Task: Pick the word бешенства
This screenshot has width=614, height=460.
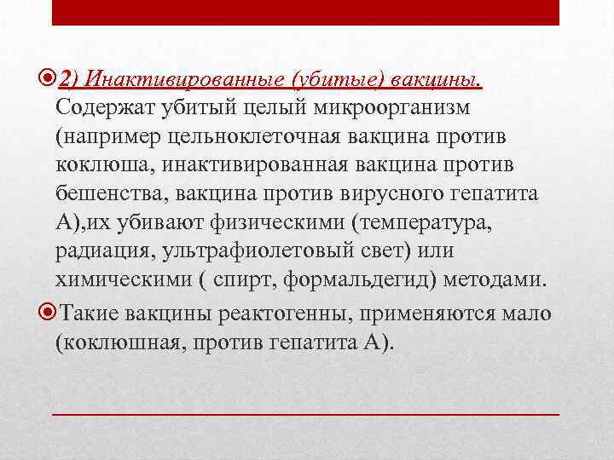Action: [108, 193]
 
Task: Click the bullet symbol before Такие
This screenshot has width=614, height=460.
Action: [45, 313]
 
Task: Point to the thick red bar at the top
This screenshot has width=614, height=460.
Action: [306, 12]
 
